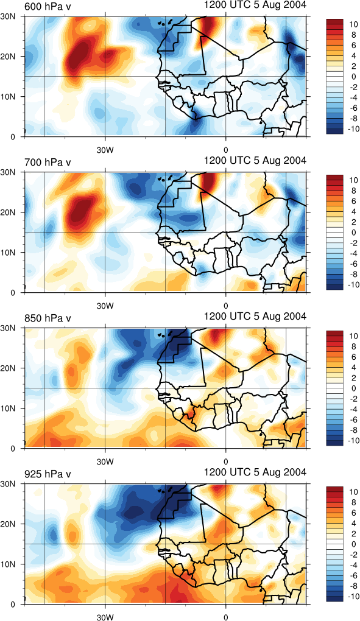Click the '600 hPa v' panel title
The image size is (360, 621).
[47, 6]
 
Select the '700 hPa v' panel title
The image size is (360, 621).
[47, 162]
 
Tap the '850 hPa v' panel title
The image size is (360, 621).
[47, 318]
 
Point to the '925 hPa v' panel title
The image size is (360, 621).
[47, 474]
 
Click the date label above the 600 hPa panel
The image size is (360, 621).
[255, 5]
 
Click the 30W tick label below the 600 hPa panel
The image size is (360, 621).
[105, 150]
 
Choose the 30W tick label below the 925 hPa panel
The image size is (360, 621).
[105, 617]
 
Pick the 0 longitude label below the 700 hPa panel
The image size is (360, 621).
[226, 306]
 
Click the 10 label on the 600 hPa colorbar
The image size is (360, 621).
[352, 24]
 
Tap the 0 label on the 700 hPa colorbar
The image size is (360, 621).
[354, 233]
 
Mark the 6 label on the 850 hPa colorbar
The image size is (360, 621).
[354, 357]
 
